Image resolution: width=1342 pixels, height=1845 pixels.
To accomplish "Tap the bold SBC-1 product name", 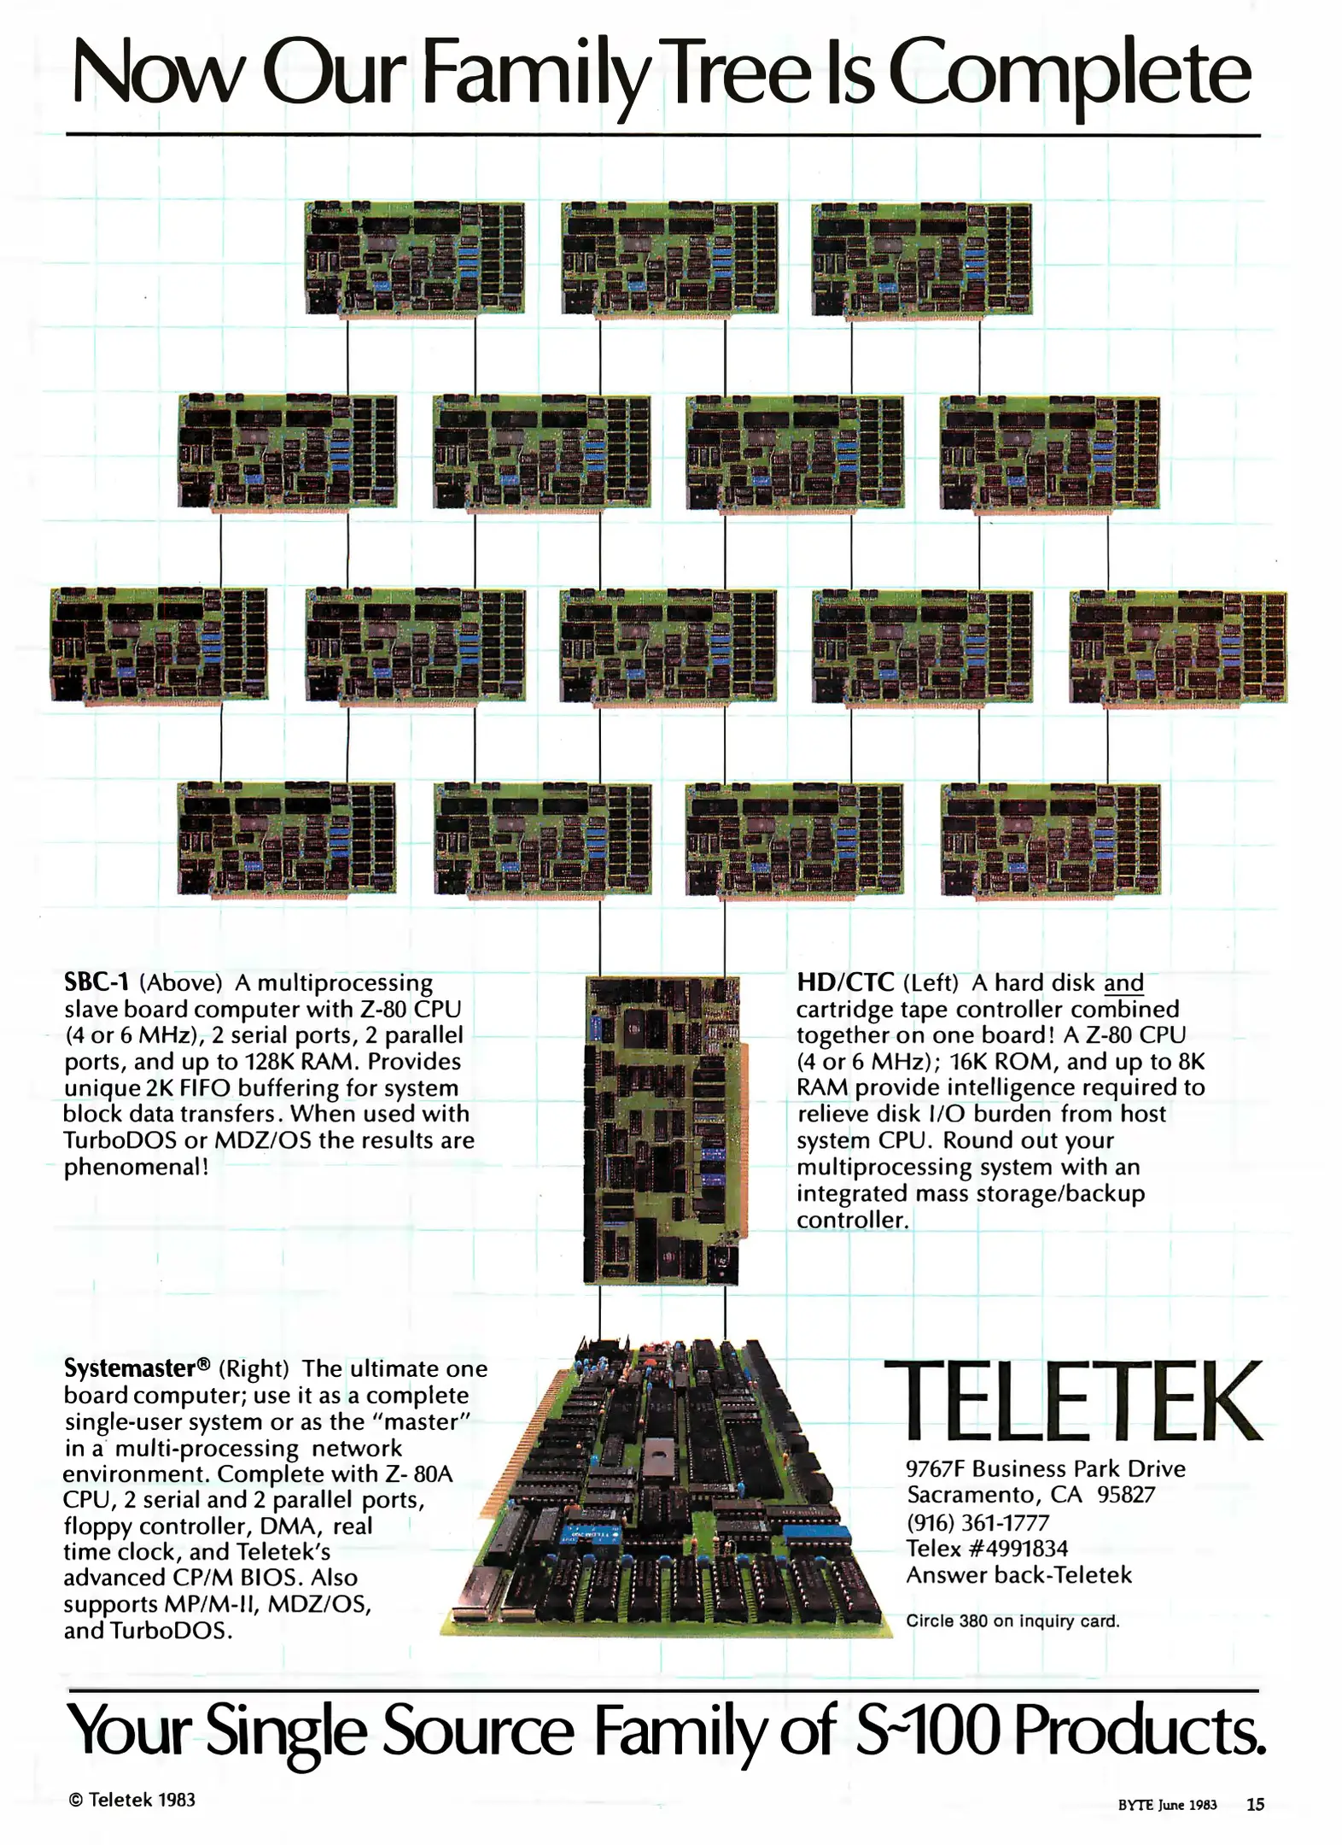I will pos(96,982).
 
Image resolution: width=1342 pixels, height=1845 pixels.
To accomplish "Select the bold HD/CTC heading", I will pos(845,982).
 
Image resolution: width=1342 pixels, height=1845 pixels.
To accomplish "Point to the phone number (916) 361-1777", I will pos(977,1522).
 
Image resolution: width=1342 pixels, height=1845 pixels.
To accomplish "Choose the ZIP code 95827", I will pos(1126,1495).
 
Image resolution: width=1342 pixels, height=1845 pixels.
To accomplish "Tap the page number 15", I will pos(1255,1804).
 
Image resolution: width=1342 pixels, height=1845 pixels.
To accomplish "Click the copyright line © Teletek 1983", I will pos(131,1800).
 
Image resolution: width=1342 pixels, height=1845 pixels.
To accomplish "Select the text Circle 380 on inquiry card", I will pos(1012,1621).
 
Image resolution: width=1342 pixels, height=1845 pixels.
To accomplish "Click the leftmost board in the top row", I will pos(414,258).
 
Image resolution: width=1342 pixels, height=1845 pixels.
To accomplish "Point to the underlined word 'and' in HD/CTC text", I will pos(1123,983).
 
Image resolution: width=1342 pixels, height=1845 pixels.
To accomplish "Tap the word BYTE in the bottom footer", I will pos(1135,1805).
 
